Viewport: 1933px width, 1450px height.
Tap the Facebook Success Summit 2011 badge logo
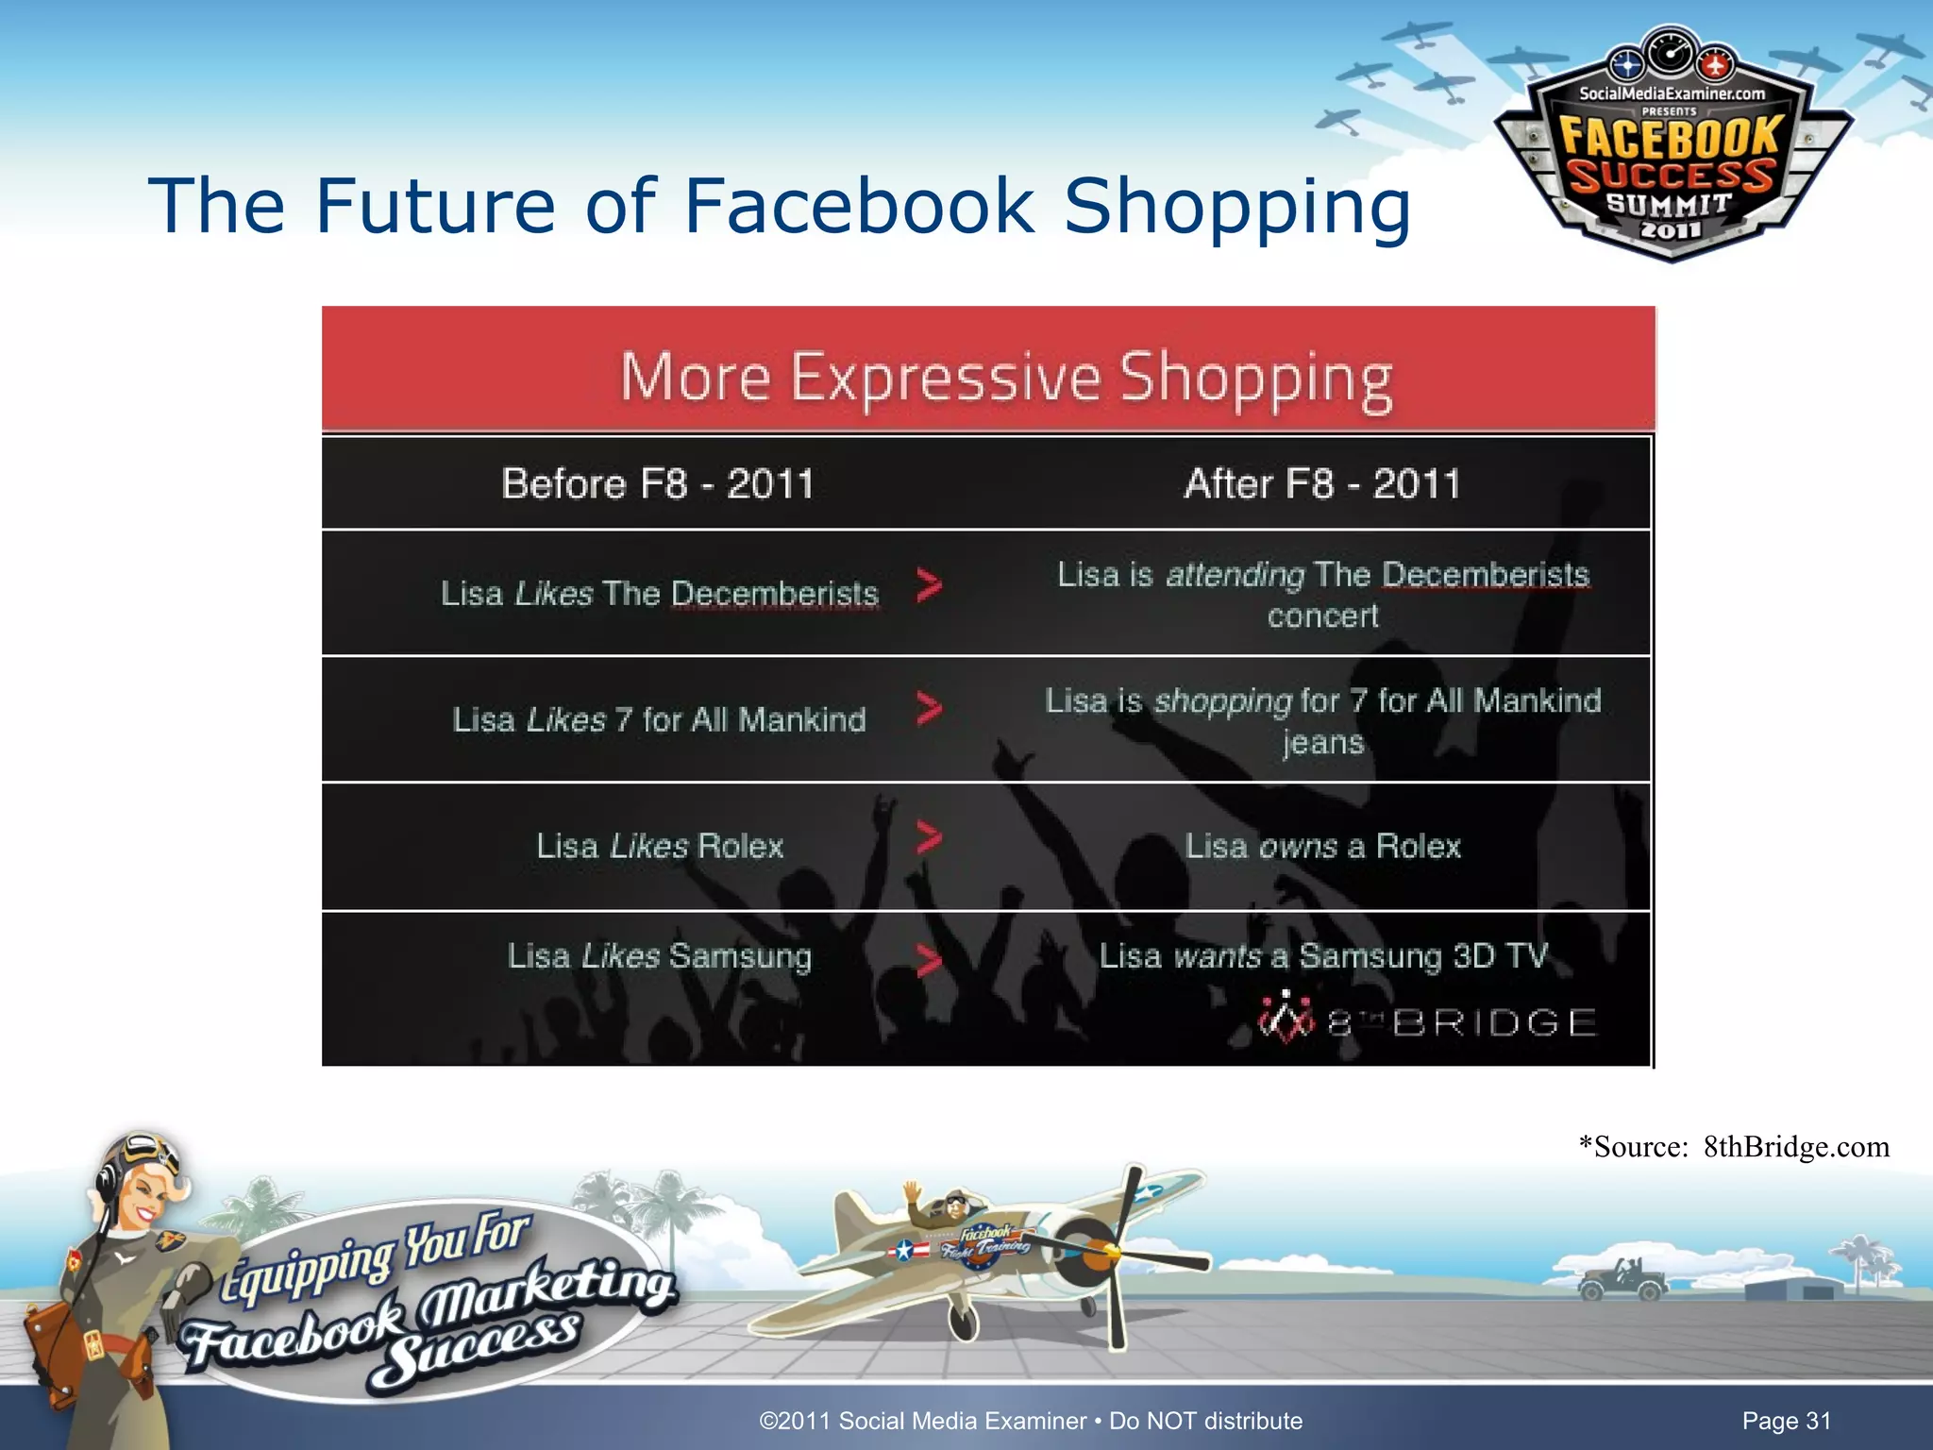tap(1672, 151)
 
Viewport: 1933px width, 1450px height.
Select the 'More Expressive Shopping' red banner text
tap(1006, 378)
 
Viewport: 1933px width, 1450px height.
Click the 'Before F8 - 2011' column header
tap(658, 484)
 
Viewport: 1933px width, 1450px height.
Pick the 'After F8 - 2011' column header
tap(1322, 484)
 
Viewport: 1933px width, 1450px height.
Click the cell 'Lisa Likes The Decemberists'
tap(660, 593)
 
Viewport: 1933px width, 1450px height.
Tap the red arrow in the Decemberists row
tap(930, 586)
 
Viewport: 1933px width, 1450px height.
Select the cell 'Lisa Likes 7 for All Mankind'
tap(659, 719)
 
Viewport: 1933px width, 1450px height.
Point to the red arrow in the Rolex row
tap(930, 837)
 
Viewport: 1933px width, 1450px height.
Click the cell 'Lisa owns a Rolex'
tap(1322, 846)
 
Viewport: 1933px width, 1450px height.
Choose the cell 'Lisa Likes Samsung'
tap(659, 955)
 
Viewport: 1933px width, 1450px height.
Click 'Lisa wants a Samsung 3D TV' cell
tap(1323, 955)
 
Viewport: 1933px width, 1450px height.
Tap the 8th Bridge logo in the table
tap(1426, 1020)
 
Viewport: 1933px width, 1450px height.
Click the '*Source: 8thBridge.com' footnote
tap(1734, 1146)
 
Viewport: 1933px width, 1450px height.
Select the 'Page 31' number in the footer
tap(1786, 1421)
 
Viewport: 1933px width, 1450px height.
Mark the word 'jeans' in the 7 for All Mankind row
tap(1322, 742)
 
